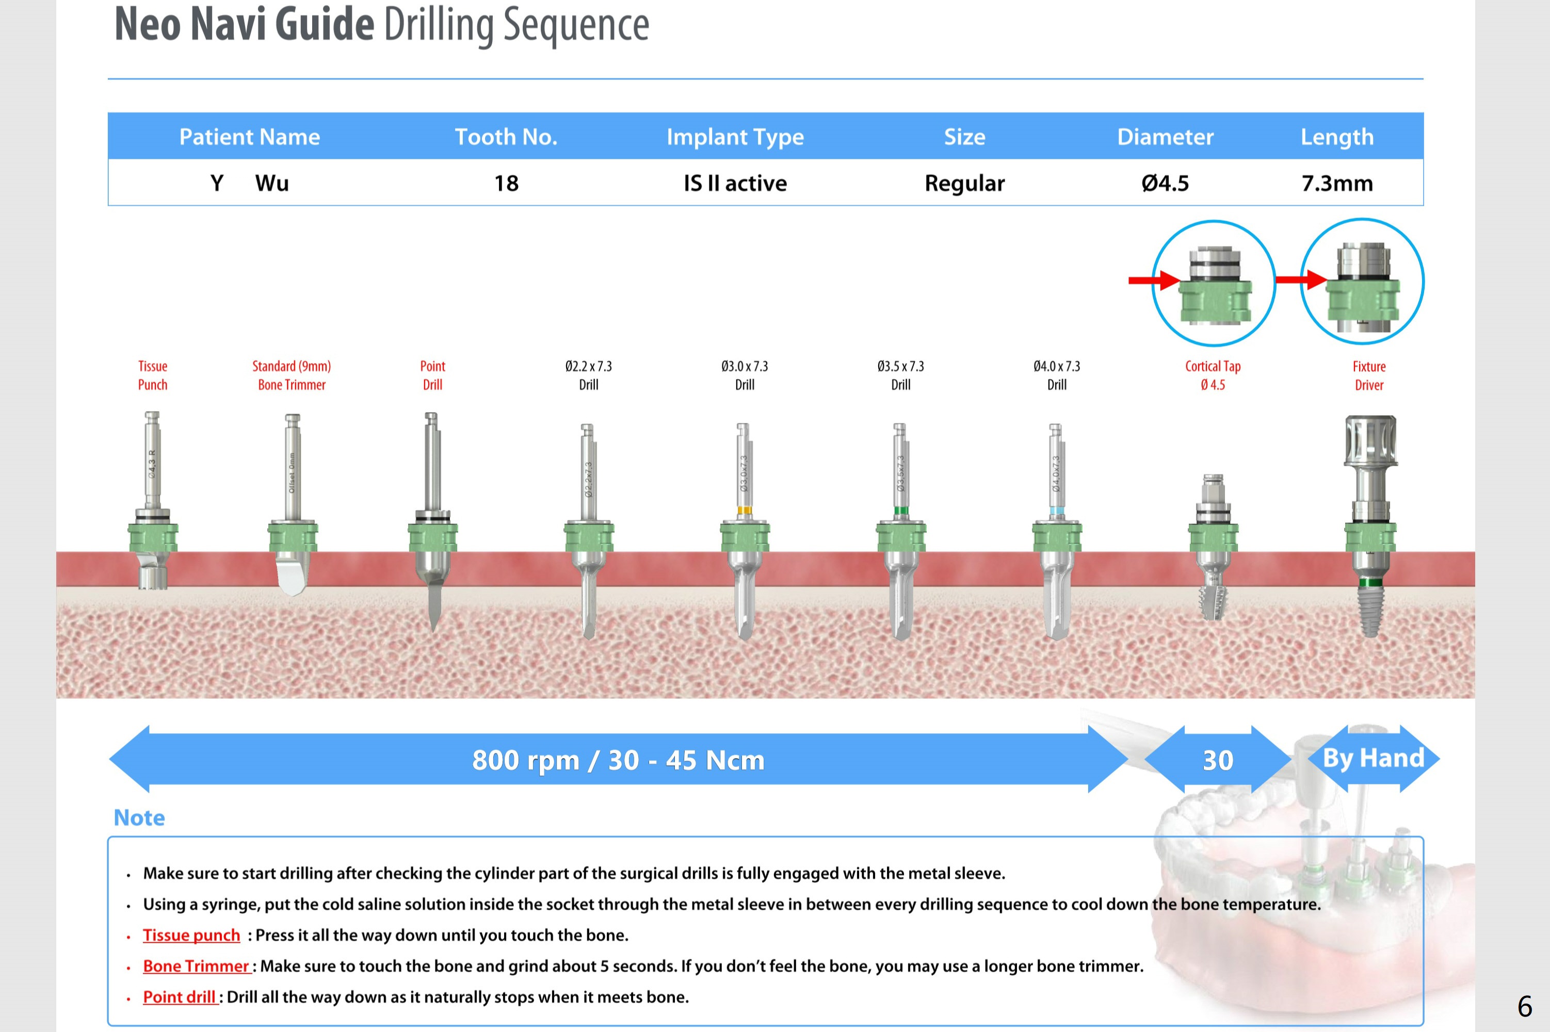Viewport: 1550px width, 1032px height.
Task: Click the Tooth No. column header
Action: pos(506,137)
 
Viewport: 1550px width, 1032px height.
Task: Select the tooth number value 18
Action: pos(506,183)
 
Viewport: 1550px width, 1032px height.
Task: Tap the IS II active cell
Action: pos(735,183)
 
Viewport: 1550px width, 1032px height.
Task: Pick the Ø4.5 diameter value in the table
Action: pos(1165,183)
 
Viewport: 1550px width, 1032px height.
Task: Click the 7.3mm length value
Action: pos(1337,183)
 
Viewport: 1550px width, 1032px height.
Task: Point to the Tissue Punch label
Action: pos(153,375)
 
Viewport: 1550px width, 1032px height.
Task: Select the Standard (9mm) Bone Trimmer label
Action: pos(292,375)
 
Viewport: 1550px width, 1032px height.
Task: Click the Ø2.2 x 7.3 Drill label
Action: pos(589,375)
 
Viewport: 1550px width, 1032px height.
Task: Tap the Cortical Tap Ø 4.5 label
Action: pos(1213,375)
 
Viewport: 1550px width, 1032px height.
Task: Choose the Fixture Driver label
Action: pos(1369,375)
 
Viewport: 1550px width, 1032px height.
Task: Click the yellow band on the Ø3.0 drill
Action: pos(744,510)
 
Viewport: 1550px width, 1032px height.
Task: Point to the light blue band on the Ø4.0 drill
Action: pos(1056,511)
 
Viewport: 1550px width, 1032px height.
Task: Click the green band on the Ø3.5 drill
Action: pos(900,511)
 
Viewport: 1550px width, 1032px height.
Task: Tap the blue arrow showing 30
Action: pos(1218,760)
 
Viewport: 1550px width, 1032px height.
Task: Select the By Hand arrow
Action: pos(1374,758)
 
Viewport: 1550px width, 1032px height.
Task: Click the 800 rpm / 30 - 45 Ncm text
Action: pos(618,760)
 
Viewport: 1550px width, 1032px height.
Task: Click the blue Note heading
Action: pos(139,817)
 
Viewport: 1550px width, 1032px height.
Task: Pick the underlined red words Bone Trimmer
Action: pos(196,966)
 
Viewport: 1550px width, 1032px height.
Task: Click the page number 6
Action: pos(1524,1006)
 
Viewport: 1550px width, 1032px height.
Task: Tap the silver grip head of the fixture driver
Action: pos(1370,439)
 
